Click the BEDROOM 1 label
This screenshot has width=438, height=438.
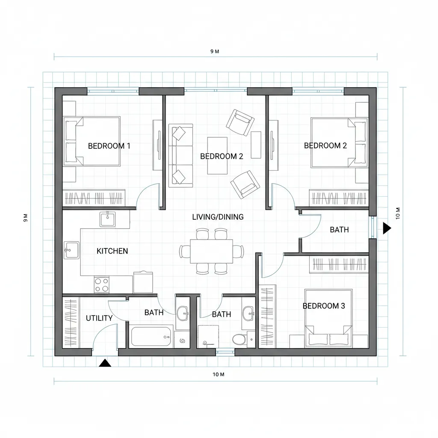point(109,146)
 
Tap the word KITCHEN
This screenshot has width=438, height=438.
point(112,251)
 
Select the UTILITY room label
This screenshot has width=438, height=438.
point(99,318)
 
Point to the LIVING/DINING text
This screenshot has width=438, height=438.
point(218,217)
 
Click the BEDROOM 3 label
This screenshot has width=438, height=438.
point(324,306)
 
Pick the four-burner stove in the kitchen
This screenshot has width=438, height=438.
point(101,284)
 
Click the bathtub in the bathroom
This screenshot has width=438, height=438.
point(151,337)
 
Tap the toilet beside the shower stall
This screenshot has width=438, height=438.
point(239,339)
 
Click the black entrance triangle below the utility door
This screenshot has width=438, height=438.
point(105,363)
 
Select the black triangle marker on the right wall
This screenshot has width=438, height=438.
point(387,228)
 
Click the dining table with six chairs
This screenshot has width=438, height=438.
point(211,251)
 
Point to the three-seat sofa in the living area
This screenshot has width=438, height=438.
point(181,156)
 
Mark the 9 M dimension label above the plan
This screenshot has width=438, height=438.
point(215,51)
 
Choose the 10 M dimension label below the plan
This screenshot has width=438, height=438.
point(219,374)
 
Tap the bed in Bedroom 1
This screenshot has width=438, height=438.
point(92,141)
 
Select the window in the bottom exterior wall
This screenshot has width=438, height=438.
point(225,352)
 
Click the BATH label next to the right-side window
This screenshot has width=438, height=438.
point(339,230)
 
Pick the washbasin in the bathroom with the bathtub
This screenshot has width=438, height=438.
point(182,314)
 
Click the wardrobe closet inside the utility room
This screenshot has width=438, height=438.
point(71,323)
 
